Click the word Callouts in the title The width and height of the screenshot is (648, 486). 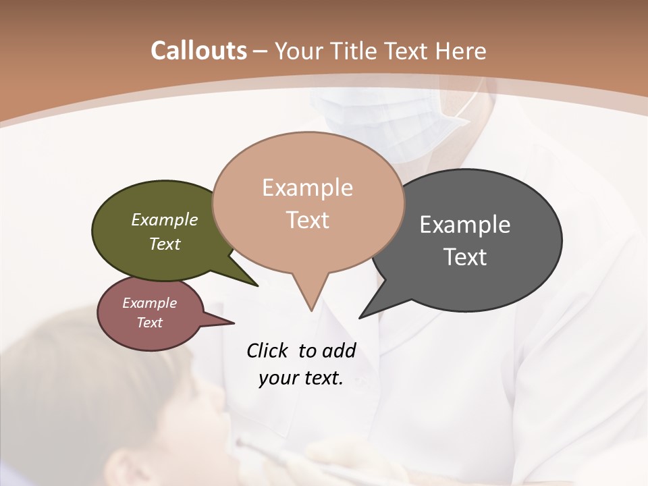click(x=198, y=51)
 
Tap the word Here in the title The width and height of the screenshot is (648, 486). click(x=460, y=51)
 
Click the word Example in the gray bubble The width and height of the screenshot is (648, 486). click(x=465, y=225)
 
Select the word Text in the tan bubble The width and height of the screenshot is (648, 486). click(x=308, y=220)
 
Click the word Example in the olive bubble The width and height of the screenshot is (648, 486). click(x=165, y=219)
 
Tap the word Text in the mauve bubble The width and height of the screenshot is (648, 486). click(x=150, y=323)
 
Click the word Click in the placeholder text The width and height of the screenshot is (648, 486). click(x=267, y=350)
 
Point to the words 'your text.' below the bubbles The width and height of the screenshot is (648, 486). click(x=301, y=378)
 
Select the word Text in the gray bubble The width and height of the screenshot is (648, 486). click(x=465, y=257)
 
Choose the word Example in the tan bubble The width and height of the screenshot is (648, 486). click(x=308, y=188)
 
